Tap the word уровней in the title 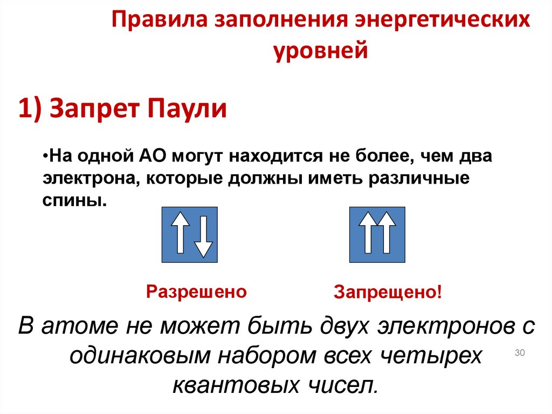(321, 52)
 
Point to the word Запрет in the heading (96, 109)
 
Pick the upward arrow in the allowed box (180, 233)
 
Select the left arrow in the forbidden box (368, 233)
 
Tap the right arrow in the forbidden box (387, 233)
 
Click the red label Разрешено (197, 291)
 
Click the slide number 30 (520, 353)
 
